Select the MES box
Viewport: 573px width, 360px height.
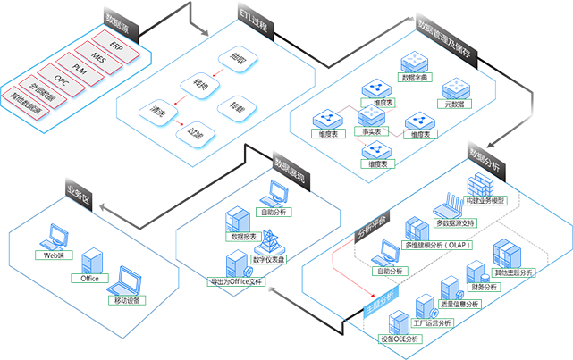pos(99,55)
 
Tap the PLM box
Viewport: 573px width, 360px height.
pos(80,68)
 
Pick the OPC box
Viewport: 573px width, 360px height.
pos(61,80)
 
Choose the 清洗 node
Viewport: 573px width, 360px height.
pos(157,113)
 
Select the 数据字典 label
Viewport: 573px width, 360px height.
pos(417,79)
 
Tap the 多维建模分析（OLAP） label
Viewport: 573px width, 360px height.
pos(439,244)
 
